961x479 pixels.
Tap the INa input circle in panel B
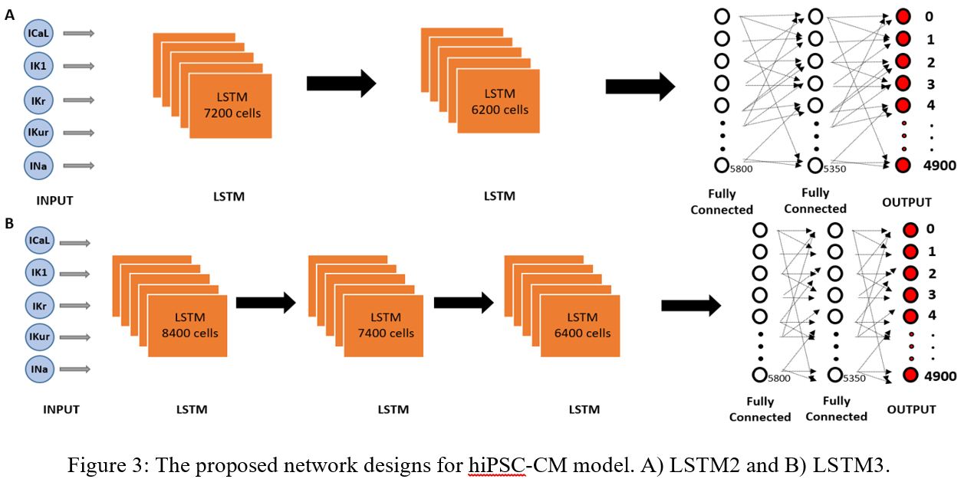pyautogui.click(x=39, y=369)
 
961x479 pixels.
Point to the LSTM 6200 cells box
pyautogui.click(x=499, y=101)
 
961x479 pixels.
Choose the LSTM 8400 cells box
pyautogui.click(x=187, y=325)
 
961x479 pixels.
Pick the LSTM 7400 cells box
pyautogui.click(x=383, y=325)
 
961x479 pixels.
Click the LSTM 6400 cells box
pyautogui.click(x=580, y=325)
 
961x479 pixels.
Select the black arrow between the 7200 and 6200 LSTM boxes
pyautogui.click(x=341, y=83)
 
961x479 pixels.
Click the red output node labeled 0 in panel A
pyautogui.click(x=903, y=16)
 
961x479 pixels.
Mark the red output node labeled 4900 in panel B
pyautogui.click(x=910, y=376)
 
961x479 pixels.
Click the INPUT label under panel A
pyautogui.click(x=54, y=201)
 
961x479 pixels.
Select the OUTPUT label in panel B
pyautogui.click(x=911, y=410)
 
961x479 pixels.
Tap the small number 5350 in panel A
pyautogui.click(x=834, y=169)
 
